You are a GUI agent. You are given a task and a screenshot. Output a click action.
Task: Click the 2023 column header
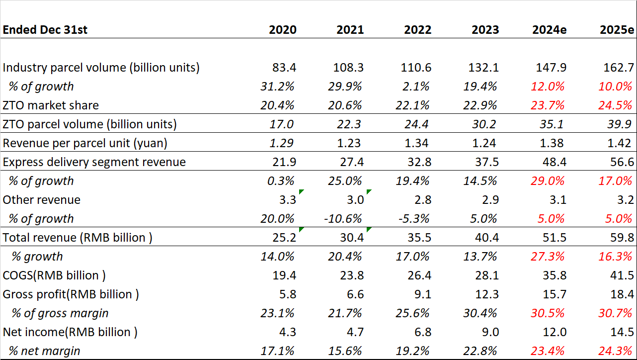point(485,30)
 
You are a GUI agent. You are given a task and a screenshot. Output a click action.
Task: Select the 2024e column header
point(549,30)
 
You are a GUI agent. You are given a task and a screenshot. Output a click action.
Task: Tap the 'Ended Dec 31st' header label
point(45,30)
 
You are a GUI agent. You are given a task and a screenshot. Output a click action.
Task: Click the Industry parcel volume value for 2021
point(350,68)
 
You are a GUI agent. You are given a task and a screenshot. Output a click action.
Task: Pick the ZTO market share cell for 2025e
point(616,105)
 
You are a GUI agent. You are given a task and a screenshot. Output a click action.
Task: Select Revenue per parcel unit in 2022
point(417,143)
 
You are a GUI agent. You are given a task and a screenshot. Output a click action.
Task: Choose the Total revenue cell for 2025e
point(621,238)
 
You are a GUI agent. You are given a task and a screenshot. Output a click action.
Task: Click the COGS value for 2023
point(485,275)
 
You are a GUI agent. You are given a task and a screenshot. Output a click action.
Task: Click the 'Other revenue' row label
point(42,200)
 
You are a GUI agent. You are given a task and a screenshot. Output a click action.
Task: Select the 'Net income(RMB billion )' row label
point(70,332)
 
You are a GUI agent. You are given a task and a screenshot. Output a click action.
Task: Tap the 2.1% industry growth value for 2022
point(416,87)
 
